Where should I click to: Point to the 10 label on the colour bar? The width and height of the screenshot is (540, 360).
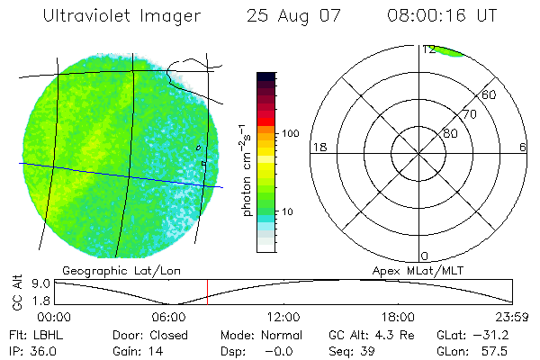click(292, 212)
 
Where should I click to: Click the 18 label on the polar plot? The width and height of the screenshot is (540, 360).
click(318, 147)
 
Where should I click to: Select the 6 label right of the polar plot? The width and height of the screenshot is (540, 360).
click(523, 147)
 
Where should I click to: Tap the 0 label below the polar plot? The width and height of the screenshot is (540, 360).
click(425, 256)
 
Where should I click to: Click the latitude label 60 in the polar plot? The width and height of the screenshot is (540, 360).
click(490, 94)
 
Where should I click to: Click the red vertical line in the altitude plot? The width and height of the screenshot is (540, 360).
click(208, 291)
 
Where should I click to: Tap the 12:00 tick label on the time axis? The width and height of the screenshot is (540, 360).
click(283, 317)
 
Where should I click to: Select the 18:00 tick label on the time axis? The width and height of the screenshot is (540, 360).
click(398, 317)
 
